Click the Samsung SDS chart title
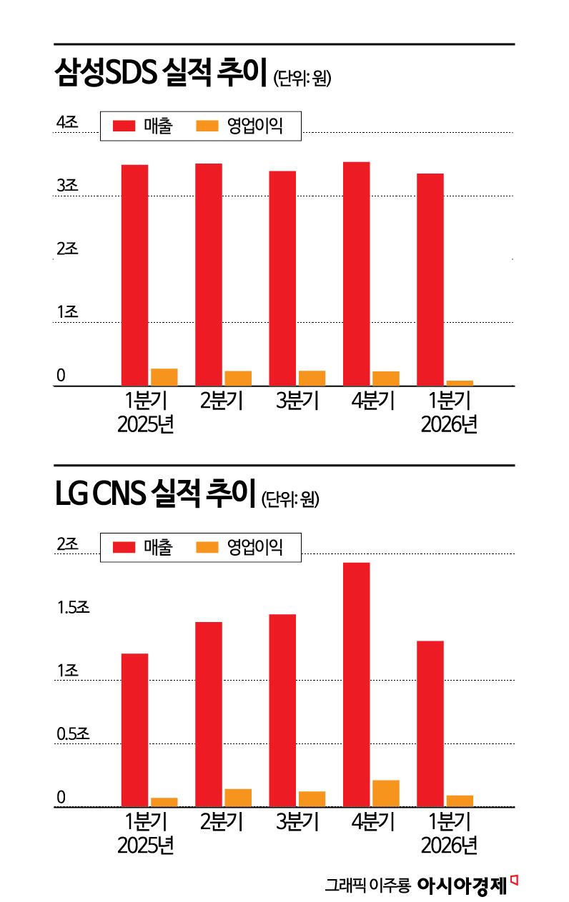(x=161, y=74)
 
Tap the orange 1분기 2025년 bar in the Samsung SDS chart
(x=164, y=377)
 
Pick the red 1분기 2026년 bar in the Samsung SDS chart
(x=430, y=279)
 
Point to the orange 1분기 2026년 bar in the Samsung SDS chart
(x=460, y=383)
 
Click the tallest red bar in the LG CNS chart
(x=356, y=684)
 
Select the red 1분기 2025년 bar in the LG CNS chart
(x=134, y=730)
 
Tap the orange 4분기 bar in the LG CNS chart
(x=386, y=793)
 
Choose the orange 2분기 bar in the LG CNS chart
(x=238, y=798)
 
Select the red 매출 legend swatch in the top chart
(x=124, y=126)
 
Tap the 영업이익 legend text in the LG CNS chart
(x=255, y=548)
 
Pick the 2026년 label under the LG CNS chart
(x=449, y=846)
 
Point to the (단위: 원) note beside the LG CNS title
(x=290, y=498)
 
